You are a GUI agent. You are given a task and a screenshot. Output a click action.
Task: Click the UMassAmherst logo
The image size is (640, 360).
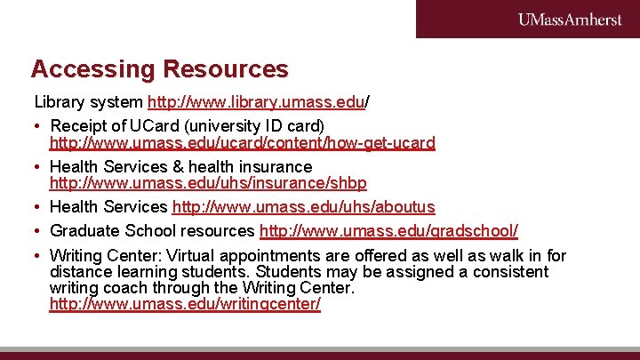pyautogui.click(x=570, y=20)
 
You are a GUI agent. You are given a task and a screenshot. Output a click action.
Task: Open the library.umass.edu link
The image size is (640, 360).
pyautogui.click(x=256, y=102)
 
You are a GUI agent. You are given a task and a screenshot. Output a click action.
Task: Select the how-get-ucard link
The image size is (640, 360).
pyautogui.click(x=242, y=142)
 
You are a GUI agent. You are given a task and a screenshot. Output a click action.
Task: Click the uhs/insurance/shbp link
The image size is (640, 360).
pyautogui.click(x=208, y=182)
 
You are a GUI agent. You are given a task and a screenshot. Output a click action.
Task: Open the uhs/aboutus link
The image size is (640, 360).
pyautogui.click(x=303, y=207)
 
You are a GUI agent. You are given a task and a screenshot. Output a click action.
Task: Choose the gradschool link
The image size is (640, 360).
pyautogui.click(x=388, y=231)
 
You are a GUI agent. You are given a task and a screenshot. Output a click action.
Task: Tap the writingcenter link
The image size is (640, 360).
pyautogui.click(x=185, y=304)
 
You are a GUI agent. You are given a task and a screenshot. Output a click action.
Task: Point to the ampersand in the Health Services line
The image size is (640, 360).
pyautogui.click(x=180, y=166)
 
